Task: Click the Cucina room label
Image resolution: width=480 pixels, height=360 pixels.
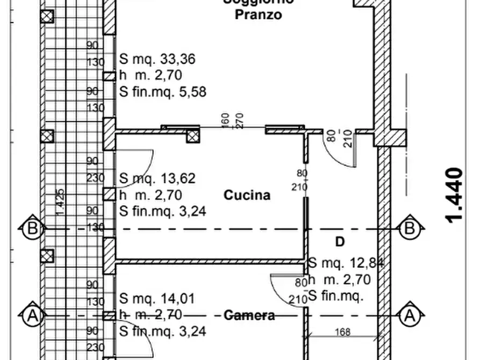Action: [247, 195]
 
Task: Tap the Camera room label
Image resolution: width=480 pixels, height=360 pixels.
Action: [249, 315]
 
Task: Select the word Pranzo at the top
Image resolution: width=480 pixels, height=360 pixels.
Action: [258, 15]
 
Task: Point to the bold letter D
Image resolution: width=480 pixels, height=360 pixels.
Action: [340, 242]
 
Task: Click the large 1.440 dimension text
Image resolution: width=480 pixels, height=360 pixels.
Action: [454, 195]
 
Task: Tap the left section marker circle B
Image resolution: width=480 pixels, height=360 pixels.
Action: [32, 229]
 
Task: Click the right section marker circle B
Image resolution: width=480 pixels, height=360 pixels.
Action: [411, 229]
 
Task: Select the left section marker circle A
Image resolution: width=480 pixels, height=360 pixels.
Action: [32, 315]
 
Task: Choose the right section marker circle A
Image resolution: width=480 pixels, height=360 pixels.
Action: [411, 315]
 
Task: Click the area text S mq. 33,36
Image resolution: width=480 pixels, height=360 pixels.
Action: [157, 59]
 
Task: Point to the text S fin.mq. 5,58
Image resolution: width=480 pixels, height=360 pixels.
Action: [162, 91]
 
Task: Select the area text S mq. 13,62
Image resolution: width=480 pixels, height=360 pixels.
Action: [157, 178]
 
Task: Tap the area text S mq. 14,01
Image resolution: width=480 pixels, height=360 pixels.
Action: [157, 298]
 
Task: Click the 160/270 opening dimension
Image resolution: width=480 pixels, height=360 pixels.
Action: [232, 120]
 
